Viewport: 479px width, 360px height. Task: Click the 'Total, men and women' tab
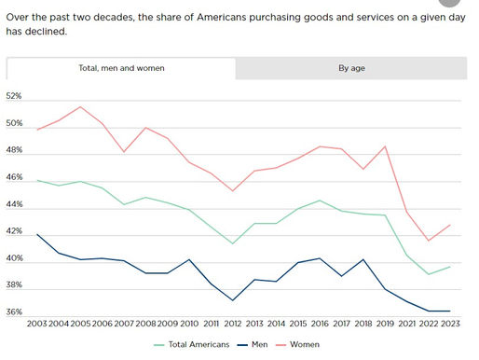click(x=121, y=68)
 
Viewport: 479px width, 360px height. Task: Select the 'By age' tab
click(x=351, y=68)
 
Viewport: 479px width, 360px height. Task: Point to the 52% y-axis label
click(x=14, y=96)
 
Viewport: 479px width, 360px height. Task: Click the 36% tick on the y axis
click(x=14, y=312)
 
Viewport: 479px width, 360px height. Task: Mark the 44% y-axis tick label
click(x=14, y=204)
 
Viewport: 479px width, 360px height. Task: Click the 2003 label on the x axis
click(x=38, y=324)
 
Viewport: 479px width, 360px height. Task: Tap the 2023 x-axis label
click(x=451, y=324)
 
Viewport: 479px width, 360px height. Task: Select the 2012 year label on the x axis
click(x=234, y=324)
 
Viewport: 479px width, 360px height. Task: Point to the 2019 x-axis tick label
click(x=385, y=324)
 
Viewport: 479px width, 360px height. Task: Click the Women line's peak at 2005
click(x=80, y=106)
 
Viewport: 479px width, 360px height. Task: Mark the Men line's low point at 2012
click(x=234, y=300)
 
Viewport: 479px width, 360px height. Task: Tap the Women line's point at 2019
click(x=385, y=145)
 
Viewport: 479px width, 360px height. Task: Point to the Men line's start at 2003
click(x=38, y=234)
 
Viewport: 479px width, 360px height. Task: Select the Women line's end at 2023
click(x=451, y=224)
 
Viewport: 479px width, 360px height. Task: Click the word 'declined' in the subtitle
click(x=44, y=32)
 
